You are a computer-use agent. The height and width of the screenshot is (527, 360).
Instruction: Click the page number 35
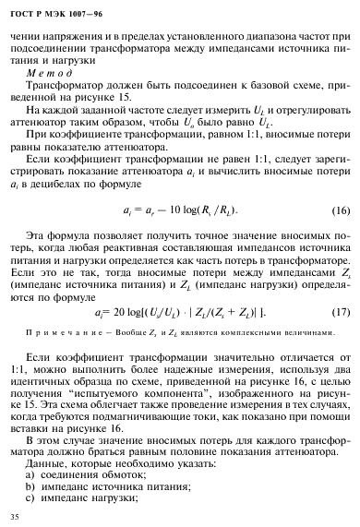pos(14,514)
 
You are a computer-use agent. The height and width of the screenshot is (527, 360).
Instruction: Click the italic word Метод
pos(43,69)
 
